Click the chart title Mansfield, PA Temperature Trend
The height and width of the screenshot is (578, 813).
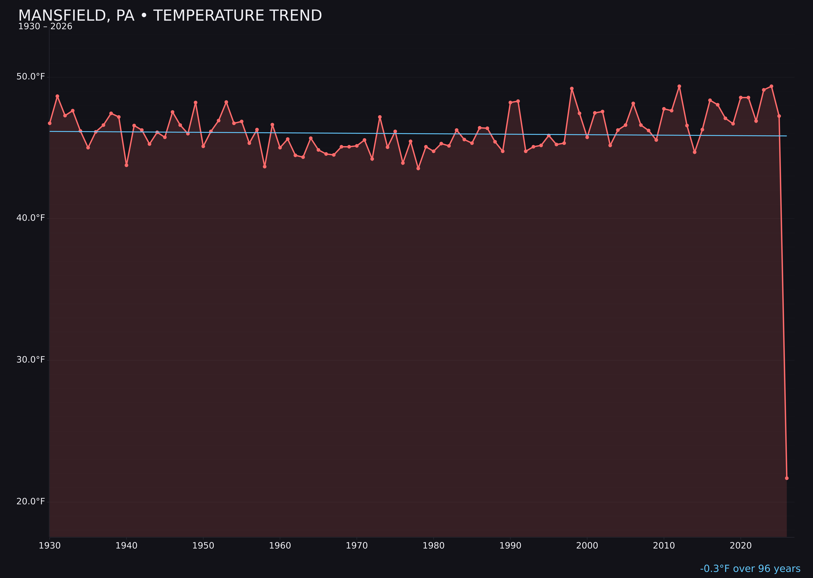pos(170,16)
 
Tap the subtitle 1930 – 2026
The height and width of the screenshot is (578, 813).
pos(45,27)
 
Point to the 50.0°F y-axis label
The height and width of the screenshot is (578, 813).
pos(31,77)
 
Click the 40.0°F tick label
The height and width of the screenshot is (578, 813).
pos(31,218)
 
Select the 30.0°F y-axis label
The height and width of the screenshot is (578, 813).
pos(31,360)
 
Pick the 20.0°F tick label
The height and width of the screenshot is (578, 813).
pos(31,501)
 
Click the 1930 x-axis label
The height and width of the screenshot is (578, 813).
pos(50,546)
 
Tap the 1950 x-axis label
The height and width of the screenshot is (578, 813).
pos(203,546)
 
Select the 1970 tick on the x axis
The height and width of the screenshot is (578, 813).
pos(357,546)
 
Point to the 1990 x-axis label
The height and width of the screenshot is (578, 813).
pos(510,546)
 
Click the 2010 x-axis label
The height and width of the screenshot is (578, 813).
pos(664,546)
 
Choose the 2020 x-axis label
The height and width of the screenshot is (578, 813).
pos(740,546)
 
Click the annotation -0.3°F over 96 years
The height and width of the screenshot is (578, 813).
pos(750,569)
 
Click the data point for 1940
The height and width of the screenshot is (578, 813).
pos(126,165)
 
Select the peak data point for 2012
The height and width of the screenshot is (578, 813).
pos(679,86)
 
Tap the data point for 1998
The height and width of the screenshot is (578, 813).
pos(572,89)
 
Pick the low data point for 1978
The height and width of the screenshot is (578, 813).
pos(418,168)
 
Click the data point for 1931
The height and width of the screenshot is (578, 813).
pos(57,96)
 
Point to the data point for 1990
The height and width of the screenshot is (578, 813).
pos(510,102)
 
